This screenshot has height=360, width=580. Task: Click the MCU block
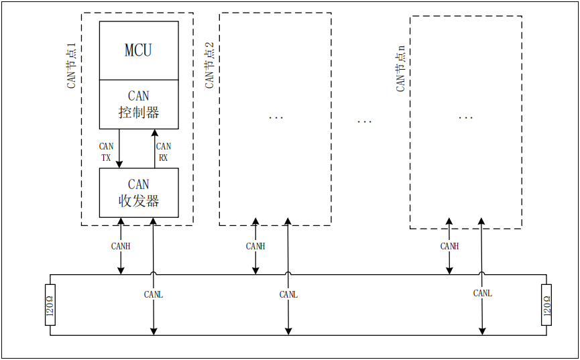[139, 50]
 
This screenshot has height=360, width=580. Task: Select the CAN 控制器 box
[139, 104]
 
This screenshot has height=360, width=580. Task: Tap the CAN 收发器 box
[139, 192]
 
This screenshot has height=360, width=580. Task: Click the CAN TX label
[106, 152]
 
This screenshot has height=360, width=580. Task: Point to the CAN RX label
[163, 152]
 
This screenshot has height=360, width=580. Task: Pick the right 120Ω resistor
[546, 304]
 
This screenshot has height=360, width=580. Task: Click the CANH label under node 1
[121, 246]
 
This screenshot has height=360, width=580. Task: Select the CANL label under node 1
[154, 294]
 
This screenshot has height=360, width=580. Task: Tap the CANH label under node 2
[255, 246]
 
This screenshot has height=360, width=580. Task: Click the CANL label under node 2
[288, 294]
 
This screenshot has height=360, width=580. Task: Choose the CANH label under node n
[449, 246]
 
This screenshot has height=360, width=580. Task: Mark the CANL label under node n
[482, 293]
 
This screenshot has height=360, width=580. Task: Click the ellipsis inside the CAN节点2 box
[276, 118]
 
